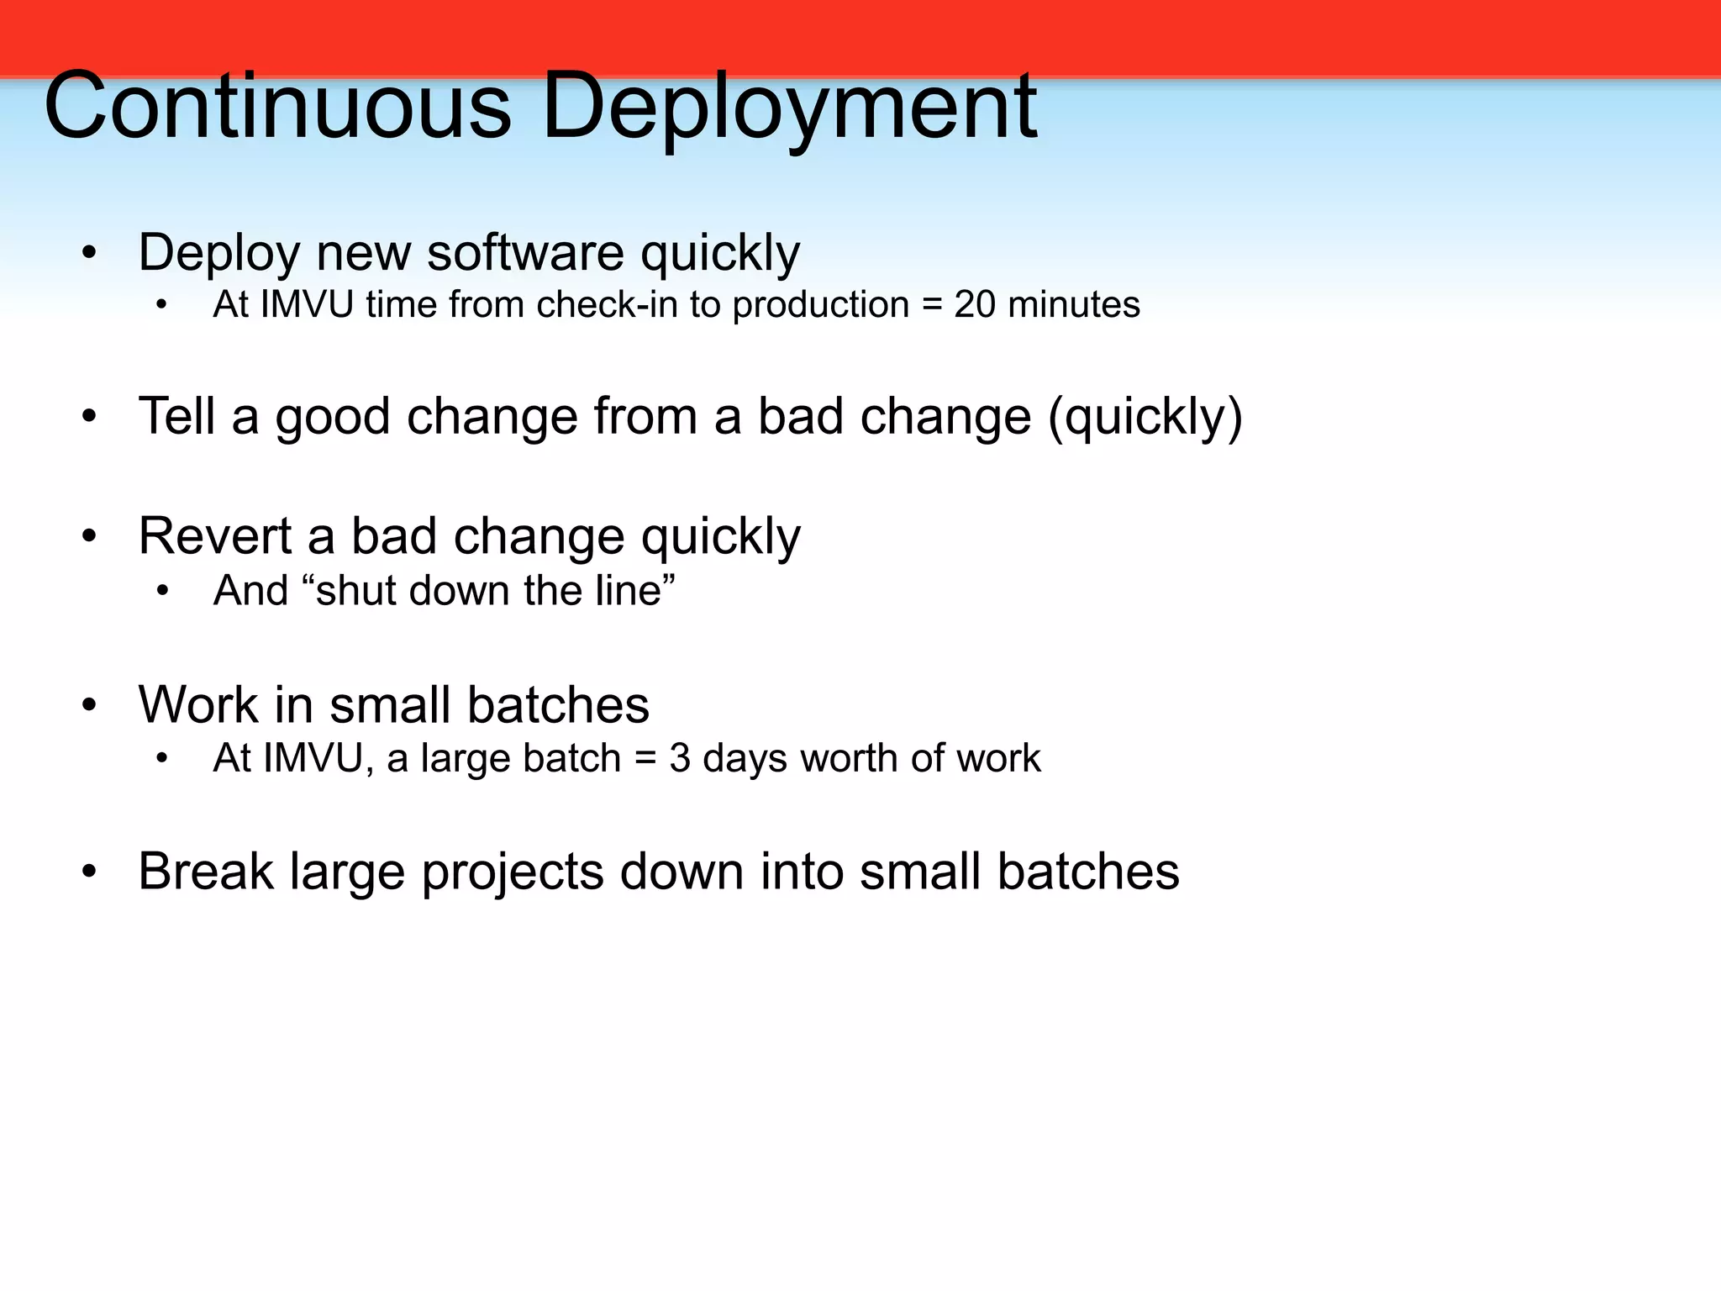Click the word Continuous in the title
[x=277, y=107]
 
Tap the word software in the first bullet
[x=525, y=252]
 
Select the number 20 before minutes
[x=975, y=304]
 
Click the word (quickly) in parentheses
[x=1145, y=418]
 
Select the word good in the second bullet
[x=333, y=418]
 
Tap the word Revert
[x=215, y=535]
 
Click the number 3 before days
[x=680, y=758]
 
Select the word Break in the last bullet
[x=206, y=871]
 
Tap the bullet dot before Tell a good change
[x=90, y=417]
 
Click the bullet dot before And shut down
[x=162, y=591]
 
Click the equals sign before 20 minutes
[x=932, y=305]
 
